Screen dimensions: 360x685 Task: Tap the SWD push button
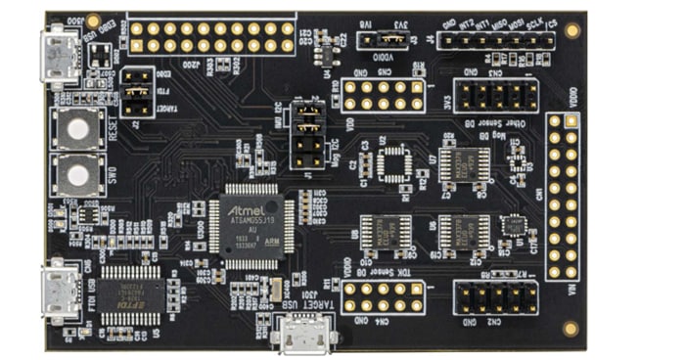(74, 173)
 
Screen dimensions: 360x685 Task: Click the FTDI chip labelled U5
(125, 291)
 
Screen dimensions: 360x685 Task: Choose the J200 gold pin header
(211, 37)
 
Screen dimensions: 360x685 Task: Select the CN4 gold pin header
(382, 296)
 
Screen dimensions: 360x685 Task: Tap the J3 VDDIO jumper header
(383, 40)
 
